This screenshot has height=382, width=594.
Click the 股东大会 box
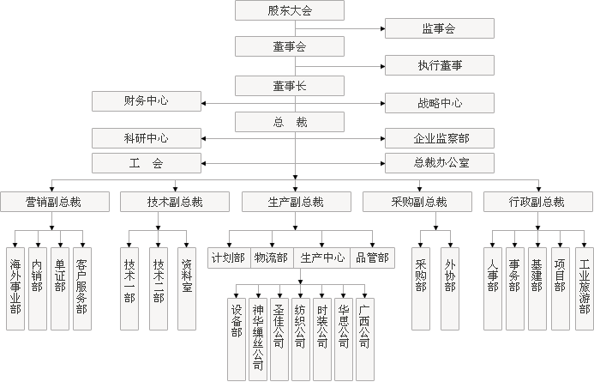click(x=289, y=10)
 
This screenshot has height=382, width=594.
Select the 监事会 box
click(x=438, y=29)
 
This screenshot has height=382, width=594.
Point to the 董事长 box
click(x=289, y=85)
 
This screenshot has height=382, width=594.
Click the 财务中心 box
click(x=146, y=101)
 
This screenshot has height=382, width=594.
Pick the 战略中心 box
click(x=438, y=103)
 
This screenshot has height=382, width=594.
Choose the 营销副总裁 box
click(x=53, y=202)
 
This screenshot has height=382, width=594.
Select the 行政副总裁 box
click(x=537, y=202)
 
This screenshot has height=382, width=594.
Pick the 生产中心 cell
click(x=322, y=257)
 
